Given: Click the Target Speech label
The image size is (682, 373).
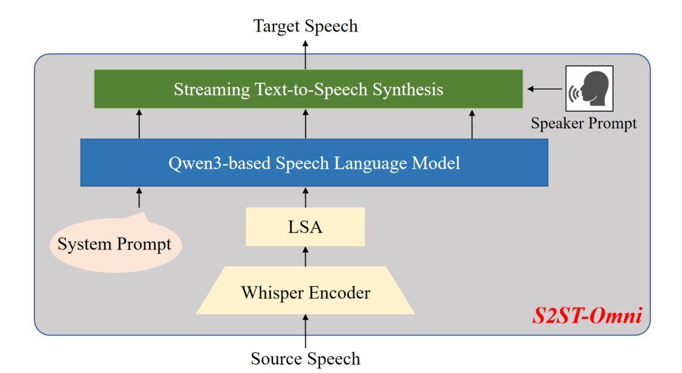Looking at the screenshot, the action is coord(305,26).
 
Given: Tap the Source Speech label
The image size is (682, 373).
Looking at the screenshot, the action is coord(305,359).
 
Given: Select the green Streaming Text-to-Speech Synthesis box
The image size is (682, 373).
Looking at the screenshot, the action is coord(309,88).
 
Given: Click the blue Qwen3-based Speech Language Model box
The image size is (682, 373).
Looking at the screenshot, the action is coord(314,163).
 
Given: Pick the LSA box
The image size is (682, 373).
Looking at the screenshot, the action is coord(305,227).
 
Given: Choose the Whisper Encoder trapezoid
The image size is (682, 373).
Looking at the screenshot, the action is coord(305,290).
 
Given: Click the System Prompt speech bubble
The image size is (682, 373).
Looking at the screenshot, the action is coord(115,244).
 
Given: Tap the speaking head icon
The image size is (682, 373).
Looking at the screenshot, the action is coord(589,88).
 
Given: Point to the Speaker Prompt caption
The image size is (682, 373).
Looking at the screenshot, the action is coord(583,123).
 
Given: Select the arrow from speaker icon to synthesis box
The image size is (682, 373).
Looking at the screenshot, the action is coord(544,88).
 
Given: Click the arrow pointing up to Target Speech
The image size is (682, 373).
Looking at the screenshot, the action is coord(305,55).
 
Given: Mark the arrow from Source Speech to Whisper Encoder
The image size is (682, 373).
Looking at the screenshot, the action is coord(305,331).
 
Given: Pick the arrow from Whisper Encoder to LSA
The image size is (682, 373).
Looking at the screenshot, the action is coord(305,257).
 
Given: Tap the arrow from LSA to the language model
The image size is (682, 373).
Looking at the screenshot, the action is coord(305,198).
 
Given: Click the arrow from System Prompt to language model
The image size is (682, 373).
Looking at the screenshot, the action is coord(139,198).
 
